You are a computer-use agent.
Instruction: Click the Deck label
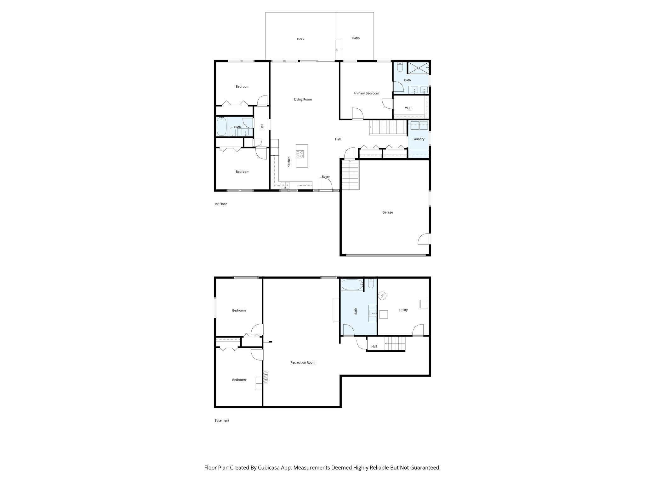(x=300, y=39)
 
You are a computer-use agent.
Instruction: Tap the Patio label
(x=356, y=38)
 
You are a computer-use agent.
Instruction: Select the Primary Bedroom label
(x=366, y=93)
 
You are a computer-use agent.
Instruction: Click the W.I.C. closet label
(x=409, y=108)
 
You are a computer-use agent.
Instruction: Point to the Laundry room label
(x=418, y=139)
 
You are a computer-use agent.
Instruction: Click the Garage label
(x=387, y=212)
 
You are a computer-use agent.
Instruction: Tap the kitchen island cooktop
(x=300, y=154)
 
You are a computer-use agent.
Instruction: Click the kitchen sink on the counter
(x=285, y=185)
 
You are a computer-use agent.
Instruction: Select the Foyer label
(x=326, y=177)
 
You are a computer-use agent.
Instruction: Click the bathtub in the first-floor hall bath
(x=221, y=126)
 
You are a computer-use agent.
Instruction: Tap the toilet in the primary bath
(x=400, y=67)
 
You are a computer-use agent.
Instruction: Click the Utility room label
(x=403, y=310)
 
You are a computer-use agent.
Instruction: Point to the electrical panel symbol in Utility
(x=382, y=296)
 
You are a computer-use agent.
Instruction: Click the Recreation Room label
(x=303, y=363)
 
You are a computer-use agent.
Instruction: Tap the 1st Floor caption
(x=220, y=204)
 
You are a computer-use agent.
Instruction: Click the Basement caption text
(x=222, y=421)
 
